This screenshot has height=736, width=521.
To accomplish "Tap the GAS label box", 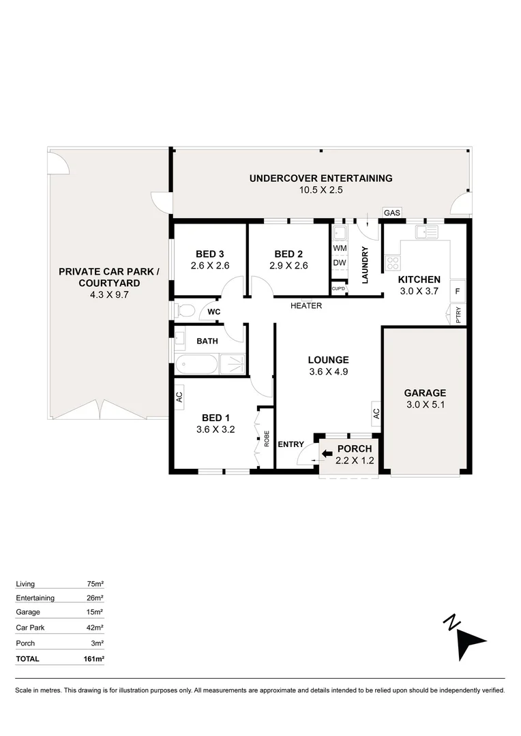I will (391, 213).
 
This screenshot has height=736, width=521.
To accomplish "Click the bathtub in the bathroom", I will (197, 364).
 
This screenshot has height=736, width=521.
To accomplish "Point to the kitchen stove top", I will (393, 263).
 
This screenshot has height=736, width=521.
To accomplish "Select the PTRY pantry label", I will (458, 316).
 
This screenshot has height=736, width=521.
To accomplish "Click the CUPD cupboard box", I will (339, 289).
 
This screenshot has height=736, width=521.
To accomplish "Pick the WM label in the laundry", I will (340, 247).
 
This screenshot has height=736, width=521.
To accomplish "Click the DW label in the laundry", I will (340, 263).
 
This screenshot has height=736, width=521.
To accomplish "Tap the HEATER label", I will (306, 306).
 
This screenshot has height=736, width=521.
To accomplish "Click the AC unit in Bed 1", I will (179, 397).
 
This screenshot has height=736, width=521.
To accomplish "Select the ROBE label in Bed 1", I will (266, 438).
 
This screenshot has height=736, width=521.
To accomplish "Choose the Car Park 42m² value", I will (95, 627).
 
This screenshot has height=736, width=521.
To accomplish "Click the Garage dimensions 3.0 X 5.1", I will (425, 404).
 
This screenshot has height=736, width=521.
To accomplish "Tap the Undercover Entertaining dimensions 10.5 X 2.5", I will (321, 191).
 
